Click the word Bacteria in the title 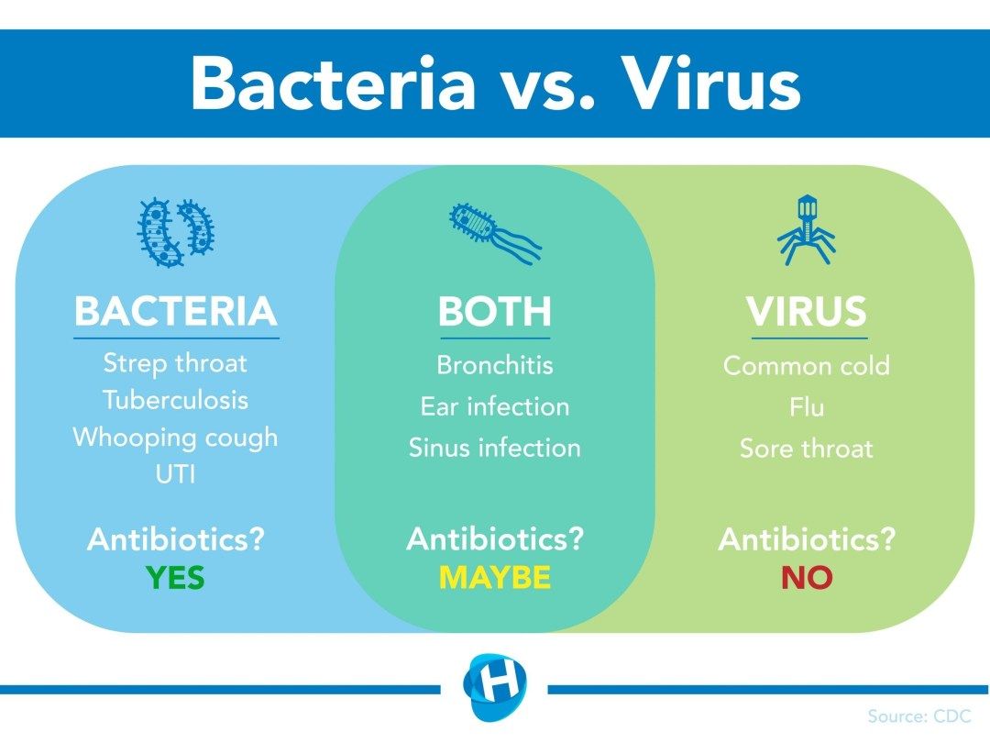tap(334, 84)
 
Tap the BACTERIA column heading tap(175, 312)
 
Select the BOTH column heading tap(495, 312)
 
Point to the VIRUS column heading tap(806, 312)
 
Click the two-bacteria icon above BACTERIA tap(176, 232)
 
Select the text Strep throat tap(175, 362)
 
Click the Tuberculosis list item tap(175, 400)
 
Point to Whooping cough tap(175, 437)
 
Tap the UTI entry tap(175, 473)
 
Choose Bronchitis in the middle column tap(495, 365)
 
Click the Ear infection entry tap(495, 405)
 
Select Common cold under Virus tap(806, 366)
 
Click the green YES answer tap(175, 578)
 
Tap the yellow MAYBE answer tap(495, 578)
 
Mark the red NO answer tap(806, 578)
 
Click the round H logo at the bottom tap(495, 686)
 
